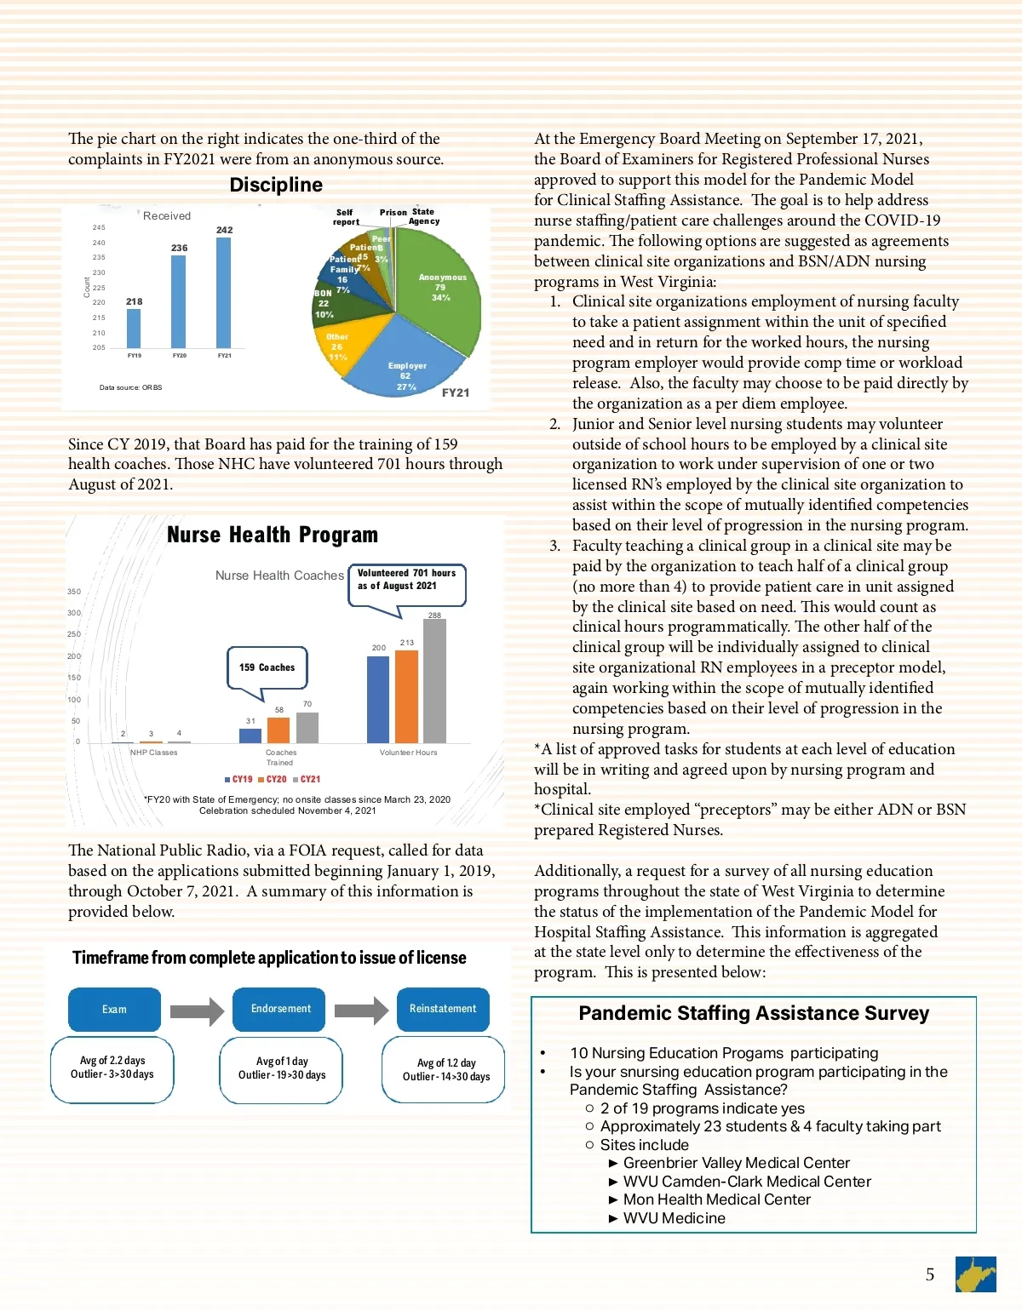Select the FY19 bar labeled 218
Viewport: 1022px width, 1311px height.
coord(134,328)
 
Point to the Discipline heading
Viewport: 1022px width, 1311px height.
coord(276,185)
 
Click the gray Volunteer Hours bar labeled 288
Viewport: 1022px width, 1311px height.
coord(434,681)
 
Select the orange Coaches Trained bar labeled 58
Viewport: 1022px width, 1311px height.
coord(278,730)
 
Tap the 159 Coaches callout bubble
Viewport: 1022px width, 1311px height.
coord(267,667)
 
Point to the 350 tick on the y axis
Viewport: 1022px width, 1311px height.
coord(74,592)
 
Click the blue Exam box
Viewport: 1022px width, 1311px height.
coord(114,1010)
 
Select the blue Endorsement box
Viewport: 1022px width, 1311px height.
coord(280,1009)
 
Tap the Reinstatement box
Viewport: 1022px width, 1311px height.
coord(443,1009)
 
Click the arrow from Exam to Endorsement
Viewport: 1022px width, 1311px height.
coord(196,1010)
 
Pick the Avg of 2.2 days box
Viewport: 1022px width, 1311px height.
coord(112,1068)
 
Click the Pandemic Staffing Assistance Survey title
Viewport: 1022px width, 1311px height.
coord(754,1013)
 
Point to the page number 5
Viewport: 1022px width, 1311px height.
coord(930,1274)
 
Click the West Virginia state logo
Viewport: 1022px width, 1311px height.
coord(975,1274)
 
